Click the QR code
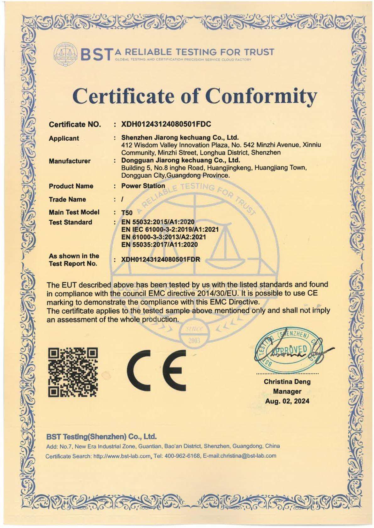pyautogui.click(x=73, y=372)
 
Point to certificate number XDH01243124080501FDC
pyautogui.click(x=166, y=124)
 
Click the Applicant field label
pyautogui.click(x=64, y=138)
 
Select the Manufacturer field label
pyautogui.click(x=69, y=161)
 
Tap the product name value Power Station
pyautogui.click(x=143, y=186)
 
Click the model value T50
pyautogui.click(x=127, y=213)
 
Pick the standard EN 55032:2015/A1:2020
pyautogui.click(x=158, y=222)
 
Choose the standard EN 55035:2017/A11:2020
pyautogui.click(x=159, y=245)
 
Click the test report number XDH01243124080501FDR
pyautogui.click(x=161, y=260)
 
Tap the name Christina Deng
pyautogui.click(x=287, y=382)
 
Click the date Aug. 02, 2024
pyautogui.click(x=287, y=401)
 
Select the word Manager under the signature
pyautogui.click(x=287, y=391)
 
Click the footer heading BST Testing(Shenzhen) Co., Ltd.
pyautogui.click(x=101, y=437)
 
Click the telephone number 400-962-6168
pyautogui.click(x=183, y=455)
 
